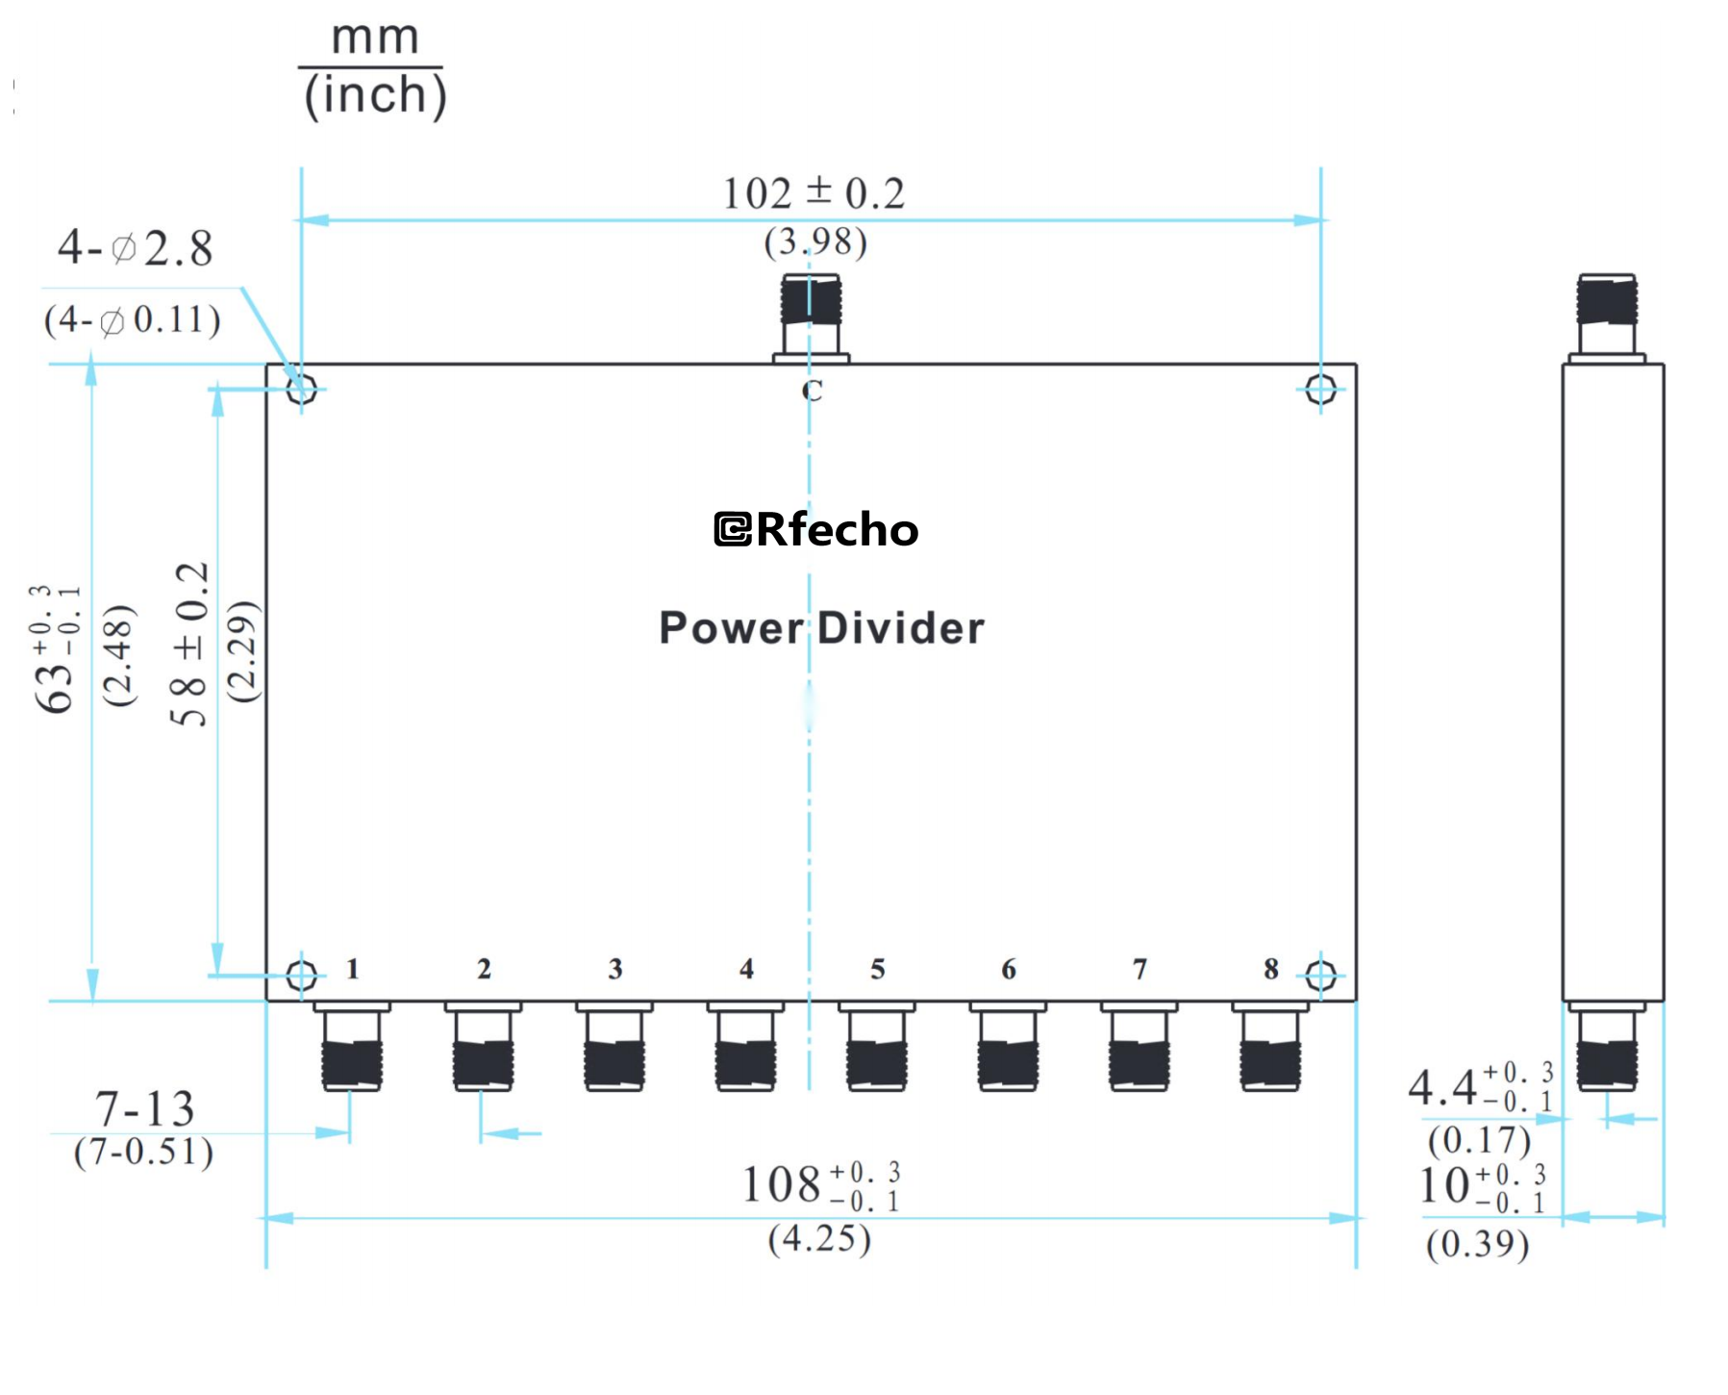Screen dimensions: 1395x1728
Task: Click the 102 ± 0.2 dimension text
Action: tap(814, 193)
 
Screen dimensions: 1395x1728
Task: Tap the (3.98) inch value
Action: tap(815, 241)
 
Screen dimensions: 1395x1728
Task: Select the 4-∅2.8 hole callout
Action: tap(135, 248)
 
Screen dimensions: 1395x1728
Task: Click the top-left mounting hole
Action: tap(301, 389)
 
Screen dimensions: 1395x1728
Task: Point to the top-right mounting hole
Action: tap(1320, 389)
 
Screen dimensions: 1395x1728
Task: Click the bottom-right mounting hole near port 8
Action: tap(1320, 976)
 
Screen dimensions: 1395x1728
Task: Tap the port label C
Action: tap(813, 391)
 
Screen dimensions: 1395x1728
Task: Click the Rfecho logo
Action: tap(815, 529)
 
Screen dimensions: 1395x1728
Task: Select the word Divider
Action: tap(901, 628)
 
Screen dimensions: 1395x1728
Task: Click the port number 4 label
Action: tap(746, 969)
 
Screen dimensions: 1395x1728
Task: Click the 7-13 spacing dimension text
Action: tap(144, 1109)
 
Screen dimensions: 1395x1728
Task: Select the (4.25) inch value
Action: tap(819, 1238)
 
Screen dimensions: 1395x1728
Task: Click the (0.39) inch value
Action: tap(1477, 1244)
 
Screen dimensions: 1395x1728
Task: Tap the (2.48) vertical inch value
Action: tap(119, 656)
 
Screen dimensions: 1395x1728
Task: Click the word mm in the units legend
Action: tap(375, 38)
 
